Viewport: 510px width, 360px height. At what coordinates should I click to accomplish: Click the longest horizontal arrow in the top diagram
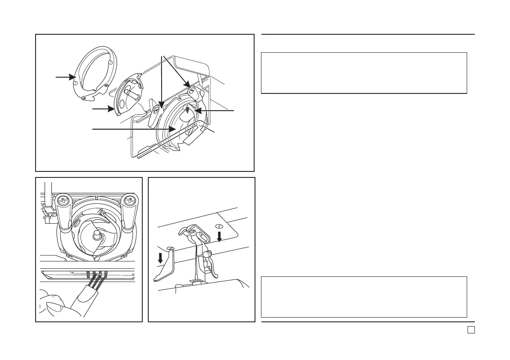133,129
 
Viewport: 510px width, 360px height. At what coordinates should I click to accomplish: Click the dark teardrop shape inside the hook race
187,110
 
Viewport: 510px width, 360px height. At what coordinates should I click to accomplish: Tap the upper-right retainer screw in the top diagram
191,90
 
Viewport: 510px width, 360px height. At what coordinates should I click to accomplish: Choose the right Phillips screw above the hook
129,200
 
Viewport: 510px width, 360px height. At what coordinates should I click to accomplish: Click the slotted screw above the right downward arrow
219,226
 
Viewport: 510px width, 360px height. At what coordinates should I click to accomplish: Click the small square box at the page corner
471,330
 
